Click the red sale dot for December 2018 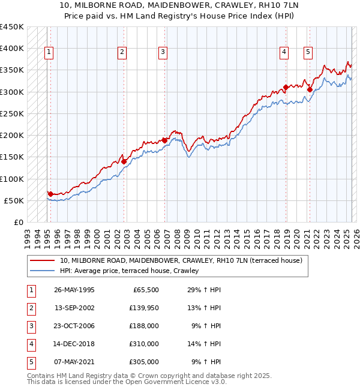click(x=286, y=88)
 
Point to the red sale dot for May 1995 click(x=50, y=194)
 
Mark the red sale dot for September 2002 click(x=124, y=161)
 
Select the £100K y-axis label click(x=11, y=179)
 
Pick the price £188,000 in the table click(x=145, y=326)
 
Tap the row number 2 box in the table click(x=30, y=308)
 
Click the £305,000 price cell click(x=145, y=362)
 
